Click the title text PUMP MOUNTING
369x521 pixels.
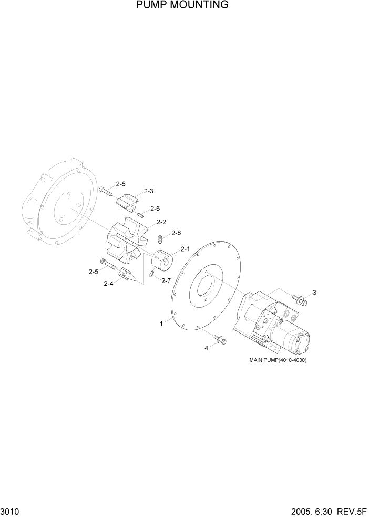182,5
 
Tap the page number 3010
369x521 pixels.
11,512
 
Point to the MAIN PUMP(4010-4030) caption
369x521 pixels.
278,360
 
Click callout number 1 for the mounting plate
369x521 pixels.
162,324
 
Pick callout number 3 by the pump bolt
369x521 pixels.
314,292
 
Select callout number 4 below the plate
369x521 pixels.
206,348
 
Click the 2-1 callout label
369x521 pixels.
185,249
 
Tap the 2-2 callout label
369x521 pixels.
161,222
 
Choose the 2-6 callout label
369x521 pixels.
155,209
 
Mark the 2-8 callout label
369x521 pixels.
176,233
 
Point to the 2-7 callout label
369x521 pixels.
166,280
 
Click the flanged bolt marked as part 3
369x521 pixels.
300,301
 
